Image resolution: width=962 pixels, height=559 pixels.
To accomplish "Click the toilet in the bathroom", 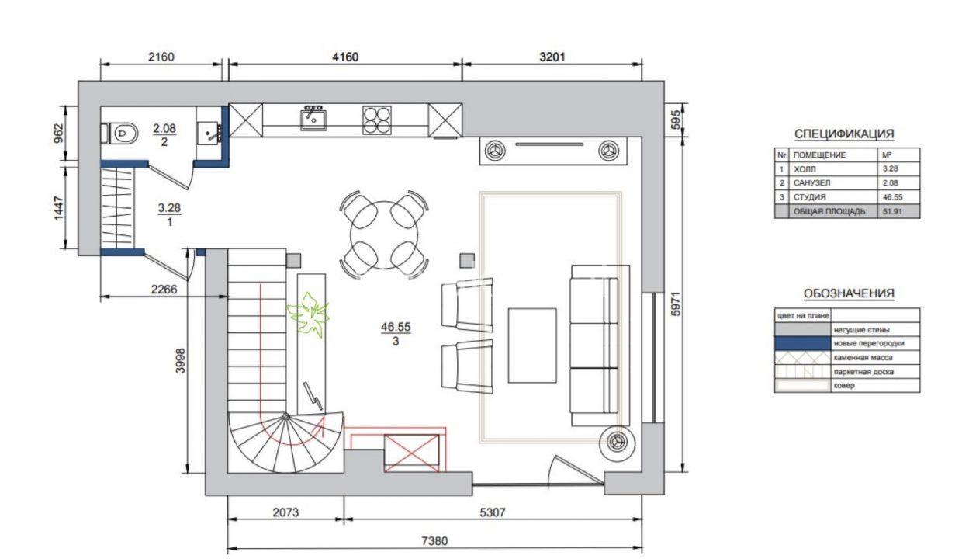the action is tap(119, 134).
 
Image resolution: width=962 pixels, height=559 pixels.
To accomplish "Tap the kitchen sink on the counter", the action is tap(313, 119).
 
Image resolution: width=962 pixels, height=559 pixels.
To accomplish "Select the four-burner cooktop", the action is tap(376, 120).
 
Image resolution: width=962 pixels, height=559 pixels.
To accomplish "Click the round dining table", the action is tap(384, 235).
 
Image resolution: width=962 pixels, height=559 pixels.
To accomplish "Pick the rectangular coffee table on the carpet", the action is tap(532, 345).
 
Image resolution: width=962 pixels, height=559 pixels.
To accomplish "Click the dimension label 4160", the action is tap(345, 57).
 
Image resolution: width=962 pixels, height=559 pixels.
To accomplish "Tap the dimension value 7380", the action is tap(434, 540).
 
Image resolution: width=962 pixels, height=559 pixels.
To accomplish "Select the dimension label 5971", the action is tap(676, 304).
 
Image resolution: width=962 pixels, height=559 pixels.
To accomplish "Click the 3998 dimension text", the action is tap(180, 360).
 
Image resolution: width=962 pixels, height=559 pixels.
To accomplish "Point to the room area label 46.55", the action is tap(396, 327).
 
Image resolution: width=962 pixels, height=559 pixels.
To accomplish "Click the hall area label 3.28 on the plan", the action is tap(169, 208).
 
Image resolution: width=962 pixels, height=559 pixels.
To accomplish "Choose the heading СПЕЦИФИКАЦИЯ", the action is tap(844, 134).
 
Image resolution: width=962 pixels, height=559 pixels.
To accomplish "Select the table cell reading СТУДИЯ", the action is tap(809, 196).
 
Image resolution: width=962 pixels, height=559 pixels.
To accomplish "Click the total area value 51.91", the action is tap(892, 211).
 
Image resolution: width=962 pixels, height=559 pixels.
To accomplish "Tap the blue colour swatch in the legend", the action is tap(802, 343).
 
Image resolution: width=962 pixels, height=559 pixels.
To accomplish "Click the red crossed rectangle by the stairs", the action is tap(411, 453).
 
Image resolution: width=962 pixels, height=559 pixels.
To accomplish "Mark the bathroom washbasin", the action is tap(209, 134).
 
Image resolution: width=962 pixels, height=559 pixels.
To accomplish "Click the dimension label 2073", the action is tap(285, 512).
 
